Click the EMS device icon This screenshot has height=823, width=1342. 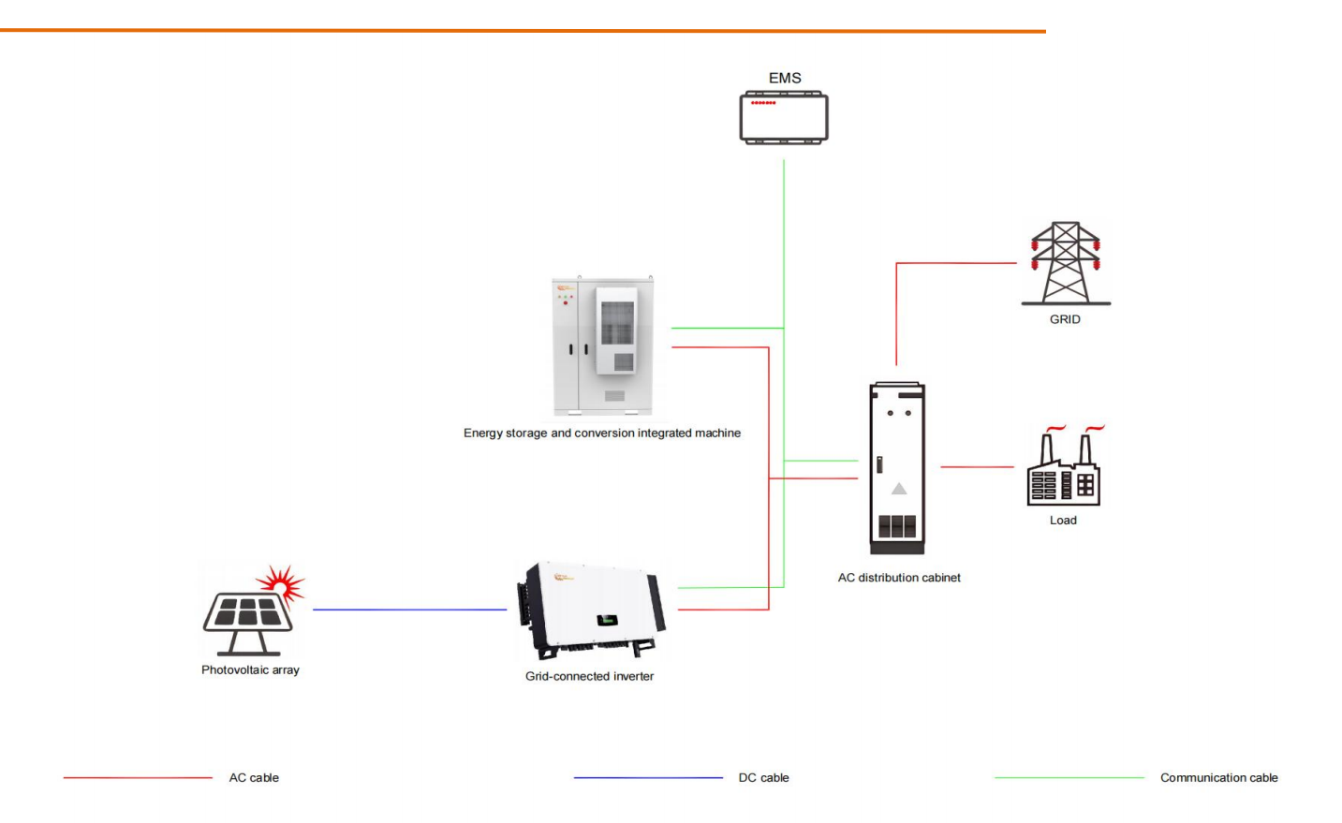(784, 117)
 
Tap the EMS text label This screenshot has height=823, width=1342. (785, 78)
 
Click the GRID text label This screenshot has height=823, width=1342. (1065, 319)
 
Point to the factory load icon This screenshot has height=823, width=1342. (1064, 469)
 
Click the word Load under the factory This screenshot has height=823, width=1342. (1063, 521)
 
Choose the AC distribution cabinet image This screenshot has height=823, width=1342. (897, 467)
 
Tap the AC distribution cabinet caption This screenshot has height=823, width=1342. (899, 578)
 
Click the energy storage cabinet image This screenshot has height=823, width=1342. (603, 345)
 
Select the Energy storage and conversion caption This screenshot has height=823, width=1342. (602, 434)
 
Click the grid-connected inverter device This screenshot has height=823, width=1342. (591, 611)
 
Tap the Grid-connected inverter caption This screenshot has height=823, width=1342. (589, 676)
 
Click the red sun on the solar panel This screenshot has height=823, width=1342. (282, 583)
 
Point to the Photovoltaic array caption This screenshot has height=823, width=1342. (250, 670)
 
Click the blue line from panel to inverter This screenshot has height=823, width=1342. (409, 610)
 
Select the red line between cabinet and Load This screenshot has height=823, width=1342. (977, 466)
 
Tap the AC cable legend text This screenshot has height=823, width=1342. (254, 778)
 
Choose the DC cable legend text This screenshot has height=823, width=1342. (763, 778)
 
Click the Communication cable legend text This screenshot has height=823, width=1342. (1218, 778)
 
